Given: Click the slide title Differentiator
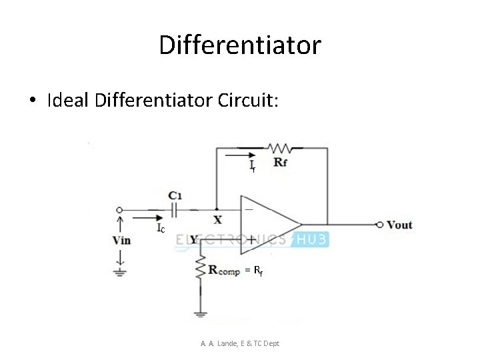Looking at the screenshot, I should point(240,45).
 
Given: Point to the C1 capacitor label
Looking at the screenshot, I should point(175,195).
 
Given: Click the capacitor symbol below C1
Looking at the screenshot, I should point(175,209).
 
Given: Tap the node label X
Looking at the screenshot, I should point(217,219).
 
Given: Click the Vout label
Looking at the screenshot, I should point(399,225).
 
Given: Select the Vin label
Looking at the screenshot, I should point(121,240).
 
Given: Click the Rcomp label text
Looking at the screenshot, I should point(224,270).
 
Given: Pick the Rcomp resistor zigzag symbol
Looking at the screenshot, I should point(199,269).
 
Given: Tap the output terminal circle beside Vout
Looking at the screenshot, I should point(379,225).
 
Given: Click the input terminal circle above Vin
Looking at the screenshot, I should point(120,209).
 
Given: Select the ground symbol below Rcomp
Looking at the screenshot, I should point(199,312).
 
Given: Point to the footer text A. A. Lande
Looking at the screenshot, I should point(240,343).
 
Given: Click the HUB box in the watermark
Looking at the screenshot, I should point(310,239).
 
